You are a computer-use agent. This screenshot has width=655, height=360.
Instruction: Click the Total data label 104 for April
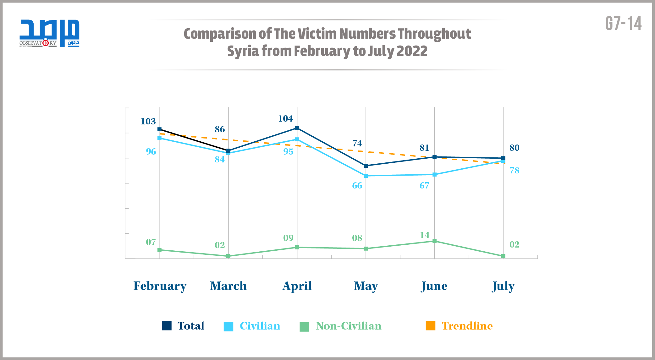285,118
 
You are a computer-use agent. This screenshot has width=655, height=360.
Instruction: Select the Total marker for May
366,166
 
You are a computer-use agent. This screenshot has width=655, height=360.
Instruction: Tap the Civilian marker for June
434,174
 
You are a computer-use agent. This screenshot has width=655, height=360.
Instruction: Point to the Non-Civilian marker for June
434,241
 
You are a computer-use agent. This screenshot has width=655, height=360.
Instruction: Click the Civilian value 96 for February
151,151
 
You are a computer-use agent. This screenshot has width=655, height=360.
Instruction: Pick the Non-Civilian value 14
425,235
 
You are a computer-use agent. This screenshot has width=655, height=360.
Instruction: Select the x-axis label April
297,286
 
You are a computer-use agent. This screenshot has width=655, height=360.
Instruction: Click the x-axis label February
160,286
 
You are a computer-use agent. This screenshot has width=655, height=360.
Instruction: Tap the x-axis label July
503,286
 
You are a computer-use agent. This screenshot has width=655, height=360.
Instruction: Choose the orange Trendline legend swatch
430,326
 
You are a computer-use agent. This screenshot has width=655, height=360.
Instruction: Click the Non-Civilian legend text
348,326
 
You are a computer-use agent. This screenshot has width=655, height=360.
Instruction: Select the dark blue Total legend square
167,326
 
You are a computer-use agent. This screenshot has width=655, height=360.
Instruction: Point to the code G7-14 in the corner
623,24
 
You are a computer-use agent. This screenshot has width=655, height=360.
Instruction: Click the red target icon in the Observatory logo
46,43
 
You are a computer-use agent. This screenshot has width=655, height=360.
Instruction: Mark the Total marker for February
159,129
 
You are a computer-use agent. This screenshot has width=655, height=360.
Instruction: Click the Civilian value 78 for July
514,170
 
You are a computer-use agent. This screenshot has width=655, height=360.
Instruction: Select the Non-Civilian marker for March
228,256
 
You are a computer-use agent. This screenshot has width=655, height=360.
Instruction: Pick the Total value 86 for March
220,129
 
